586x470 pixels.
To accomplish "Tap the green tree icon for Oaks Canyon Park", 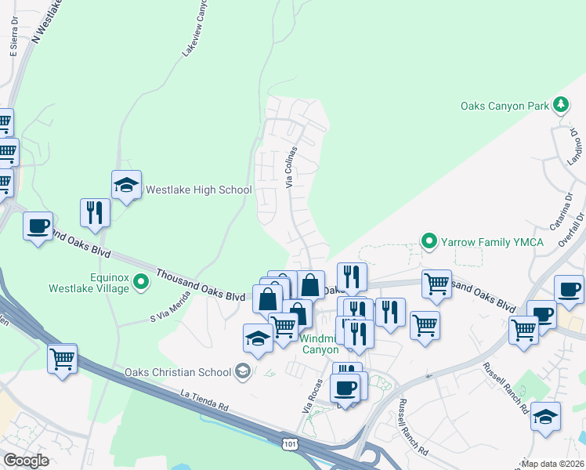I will (x=560, y=104).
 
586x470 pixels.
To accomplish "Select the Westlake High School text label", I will (x=199, y=190).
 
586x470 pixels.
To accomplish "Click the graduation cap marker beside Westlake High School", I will (x=126, y=186).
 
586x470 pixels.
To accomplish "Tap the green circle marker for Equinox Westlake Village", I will (x=141, y=281).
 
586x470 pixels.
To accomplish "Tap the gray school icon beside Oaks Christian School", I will (x=243, y=372).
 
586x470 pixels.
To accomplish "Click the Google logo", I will (x=26, y=461).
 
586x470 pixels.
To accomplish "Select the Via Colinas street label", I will (x=291, y=167).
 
